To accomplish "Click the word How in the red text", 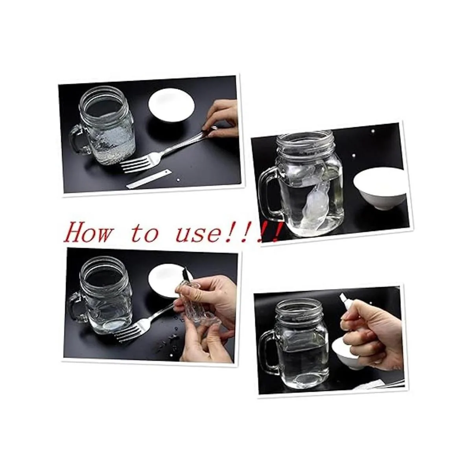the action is click(x=88, y=233).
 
